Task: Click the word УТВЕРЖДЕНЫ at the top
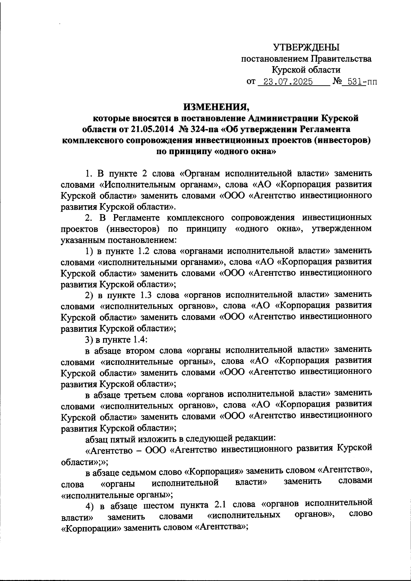tap(306, 47)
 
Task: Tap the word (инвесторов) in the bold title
tap(343, 140)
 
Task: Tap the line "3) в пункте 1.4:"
tap(116, 339)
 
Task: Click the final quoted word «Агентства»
tap(221, 527)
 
